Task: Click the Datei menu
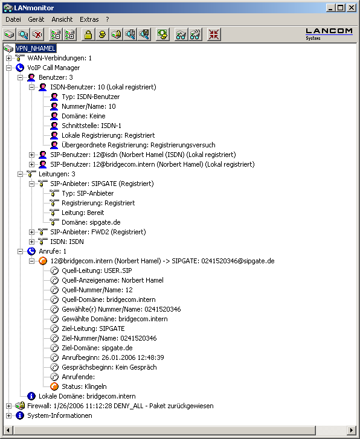pos(13,19)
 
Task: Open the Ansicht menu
pos(62,19)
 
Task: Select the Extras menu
pos(89,19)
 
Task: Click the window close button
pos(352,8)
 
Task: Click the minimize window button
pos(330,8)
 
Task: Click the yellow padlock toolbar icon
pos(88,34)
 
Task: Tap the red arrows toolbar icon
pos(214,34)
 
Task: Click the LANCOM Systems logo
pos(329,34)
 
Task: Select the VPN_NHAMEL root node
pos(36,48)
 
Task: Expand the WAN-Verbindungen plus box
pos(8,58)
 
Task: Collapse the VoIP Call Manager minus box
pos(8,68)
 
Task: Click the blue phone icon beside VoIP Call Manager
pos(20,68)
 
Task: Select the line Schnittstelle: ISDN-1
pos(91,126)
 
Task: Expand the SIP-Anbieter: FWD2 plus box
pos(31,232)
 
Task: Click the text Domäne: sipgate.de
pos(91,222)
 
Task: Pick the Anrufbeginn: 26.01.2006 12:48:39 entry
pos(113,357)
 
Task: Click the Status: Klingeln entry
pos(84,386)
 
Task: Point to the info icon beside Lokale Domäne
pos(31,396)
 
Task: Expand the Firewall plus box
pos(8,406)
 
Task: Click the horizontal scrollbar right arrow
pos(352,430)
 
